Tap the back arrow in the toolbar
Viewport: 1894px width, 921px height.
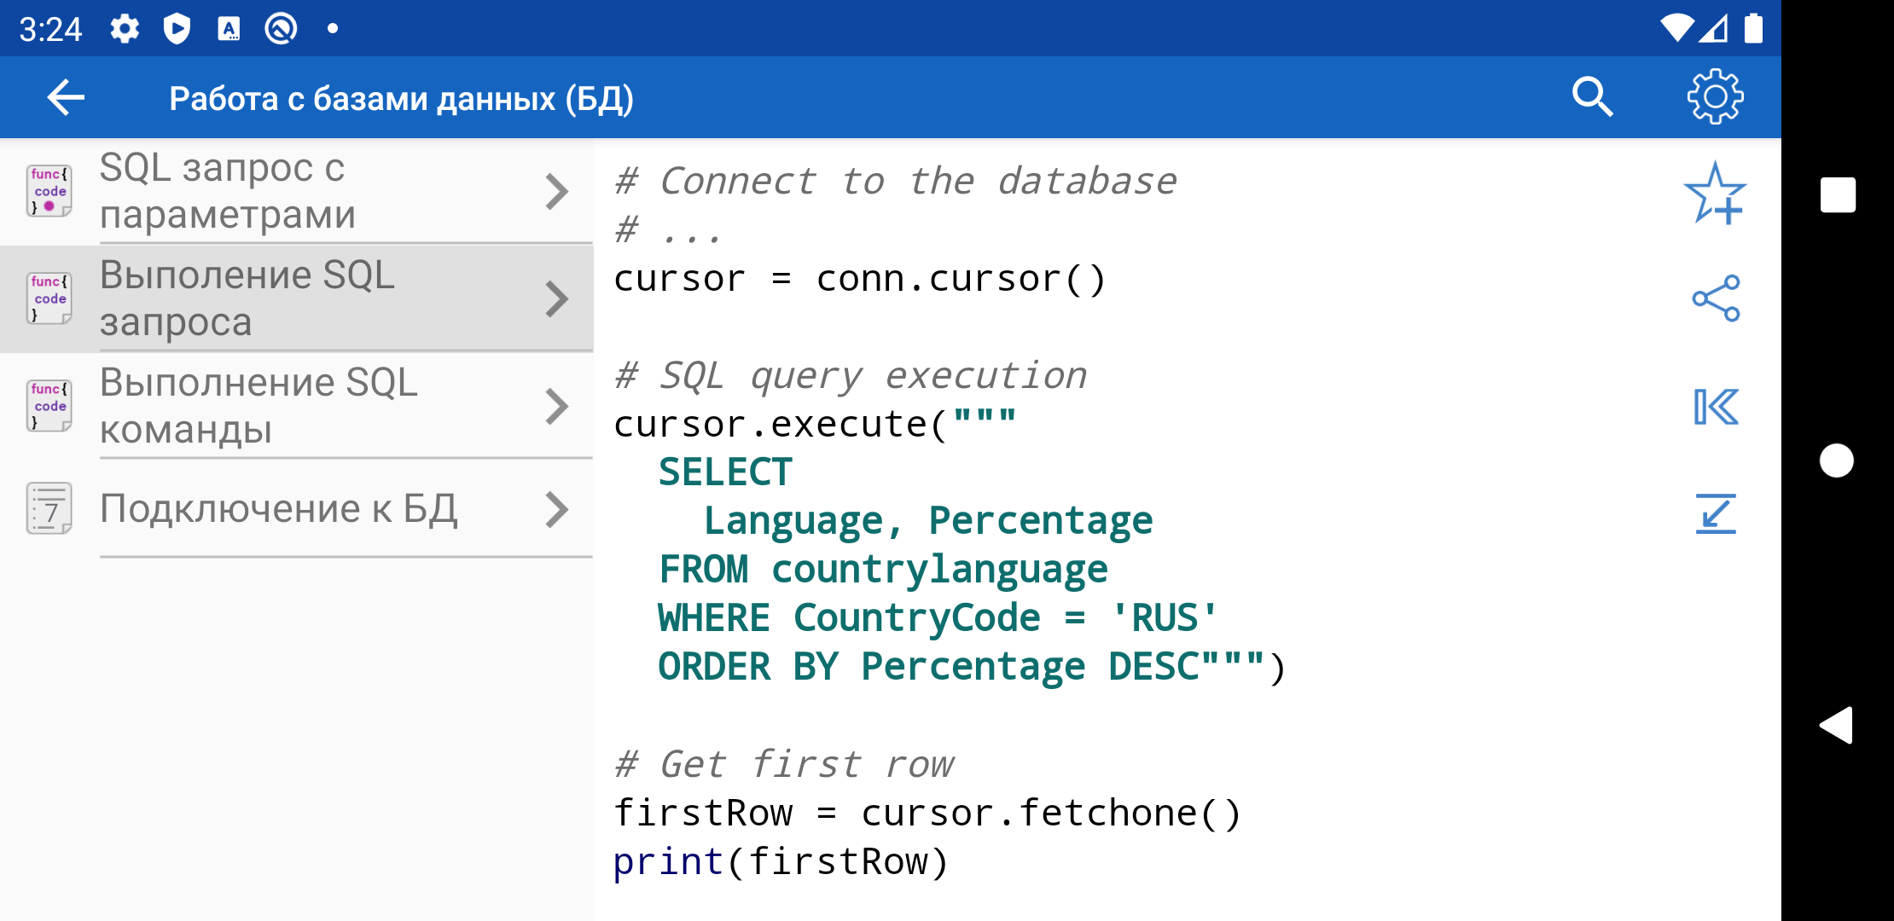point(66,97)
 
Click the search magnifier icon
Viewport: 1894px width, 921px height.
point(1592,96)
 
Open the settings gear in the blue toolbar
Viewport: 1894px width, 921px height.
point(1715,96)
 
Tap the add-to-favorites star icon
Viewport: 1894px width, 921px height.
point(1715,194)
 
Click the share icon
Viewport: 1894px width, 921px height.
point(1716,298)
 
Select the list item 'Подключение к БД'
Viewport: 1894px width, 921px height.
point(297,509)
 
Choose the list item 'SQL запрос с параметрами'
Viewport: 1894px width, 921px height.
point(297,191)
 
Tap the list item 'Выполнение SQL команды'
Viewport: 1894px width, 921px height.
point(297,406)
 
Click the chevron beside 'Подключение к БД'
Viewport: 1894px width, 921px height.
point(556,510)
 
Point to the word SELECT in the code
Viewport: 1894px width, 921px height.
point(725,472)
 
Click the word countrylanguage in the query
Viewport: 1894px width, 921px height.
point(939,570)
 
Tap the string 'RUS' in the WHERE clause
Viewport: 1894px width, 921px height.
point(1165,617)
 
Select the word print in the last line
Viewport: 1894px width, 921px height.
point(668,862)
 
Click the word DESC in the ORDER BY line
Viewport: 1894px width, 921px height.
point(1153,666)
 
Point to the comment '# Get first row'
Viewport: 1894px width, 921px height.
point(783,764)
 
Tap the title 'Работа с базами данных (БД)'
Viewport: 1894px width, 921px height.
point(401,99)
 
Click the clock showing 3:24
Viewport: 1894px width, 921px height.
point(50,30)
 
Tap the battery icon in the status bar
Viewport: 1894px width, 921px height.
point(1753,28)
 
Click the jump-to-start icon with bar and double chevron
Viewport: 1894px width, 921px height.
point(1716,406)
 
